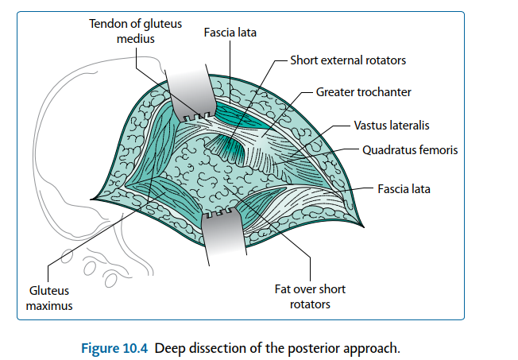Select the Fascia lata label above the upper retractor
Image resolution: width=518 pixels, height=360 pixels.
click(x=230, y=33)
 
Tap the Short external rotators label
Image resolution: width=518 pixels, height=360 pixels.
click(x=348, y=60)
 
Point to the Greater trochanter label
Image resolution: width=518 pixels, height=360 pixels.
click(x=363, y=92)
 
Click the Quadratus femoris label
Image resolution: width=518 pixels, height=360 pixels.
click(x=409, y=149)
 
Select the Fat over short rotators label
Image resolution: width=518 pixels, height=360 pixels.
click(x=309, y=296)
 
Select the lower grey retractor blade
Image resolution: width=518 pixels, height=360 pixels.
click(x=225, y=238)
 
